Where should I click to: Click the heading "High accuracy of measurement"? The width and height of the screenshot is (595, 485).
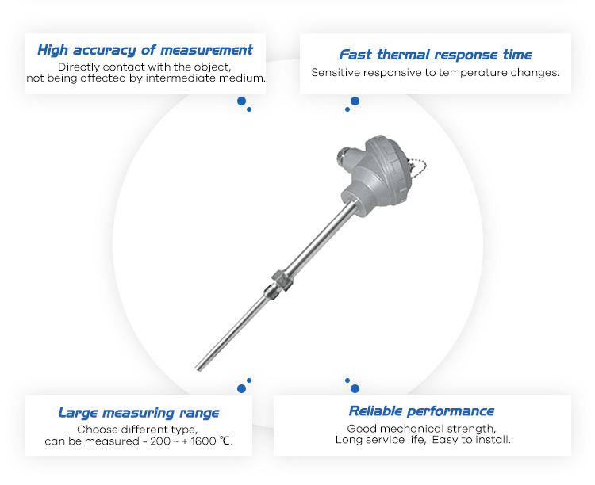pyautogui.click(x=145, y=50)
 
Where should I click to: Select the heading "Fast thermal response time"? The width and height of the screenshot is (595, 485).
pyautogui.click(x=436, y=55)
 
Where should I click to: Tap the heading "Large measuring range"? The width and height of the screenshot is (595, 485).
pyautogui.click(x=139, y=413)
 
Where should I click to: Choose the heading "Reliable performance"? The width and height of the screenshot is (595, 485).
pyautogui.click(x=421, y=411)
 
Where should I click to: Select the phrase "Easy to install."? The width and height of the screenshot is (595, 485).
pyautogui.click(x=471, y=440)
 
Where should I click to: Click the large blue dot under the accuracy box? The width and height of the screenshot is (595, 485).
pyautogui.click(x=241, y=101)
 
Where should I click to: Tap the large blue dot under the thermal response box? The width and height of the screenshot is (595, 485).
pyautogui.click(x=355, y=101)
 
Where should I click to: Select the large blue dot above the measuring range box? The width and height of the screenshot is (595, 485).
pyautogui.click(x=241, y=388)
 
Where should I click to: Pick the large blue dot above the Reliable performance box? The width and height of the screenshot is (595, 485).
pyautogui.click(x=355, y=388)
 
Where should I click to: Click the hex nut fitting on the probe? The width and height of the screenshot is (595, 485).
pyautogui.click(x=282, y=281)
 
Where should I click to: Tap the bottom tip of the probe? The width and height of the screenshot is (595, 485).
pyautogui.click(x=198, y=369)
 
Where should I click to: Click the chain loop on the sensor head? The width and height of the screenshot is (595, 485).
pyautogui.click(x=418, y=167)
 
